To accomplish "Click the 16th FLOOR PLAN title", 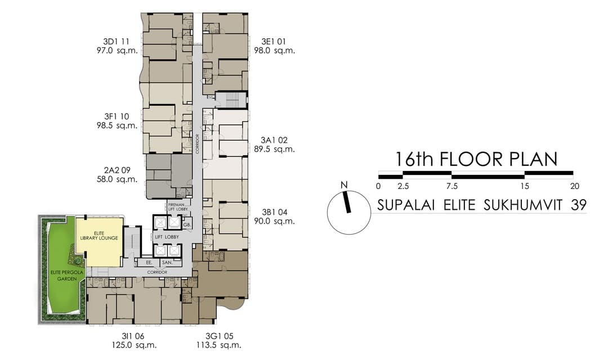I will (x=476, y=159).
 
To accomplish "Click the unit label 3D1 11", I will (x=117, y=42).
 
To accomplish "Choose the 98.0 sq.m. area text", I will (x=278, y=51).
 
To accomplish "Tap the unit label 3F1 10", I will (x=117, y=116).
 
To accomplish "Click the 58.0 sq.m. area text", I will (x=117, y=179).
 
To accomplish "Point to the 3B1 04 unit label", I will (x=274, y=212).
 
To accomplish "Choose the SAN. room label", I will (x=167, y=262).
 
